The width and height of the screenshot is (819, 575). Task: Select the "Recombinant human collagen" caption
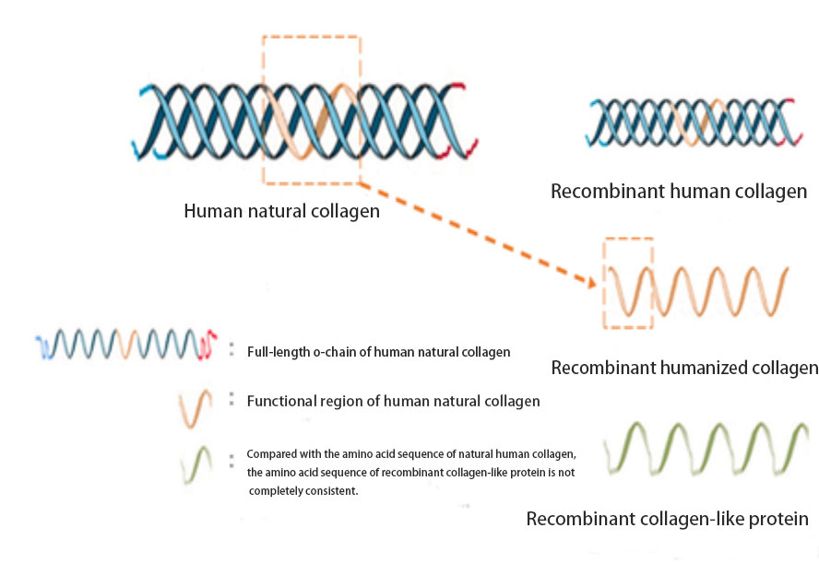pos(679,192)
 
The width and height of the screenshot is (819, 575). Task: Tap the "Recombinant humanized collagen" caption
pos(684,368)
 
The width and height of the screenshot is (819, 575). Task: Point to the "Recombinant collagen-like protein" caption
pos(667,519)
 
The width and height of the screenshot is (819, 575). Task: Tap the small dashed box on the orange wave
pos(628,283)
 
